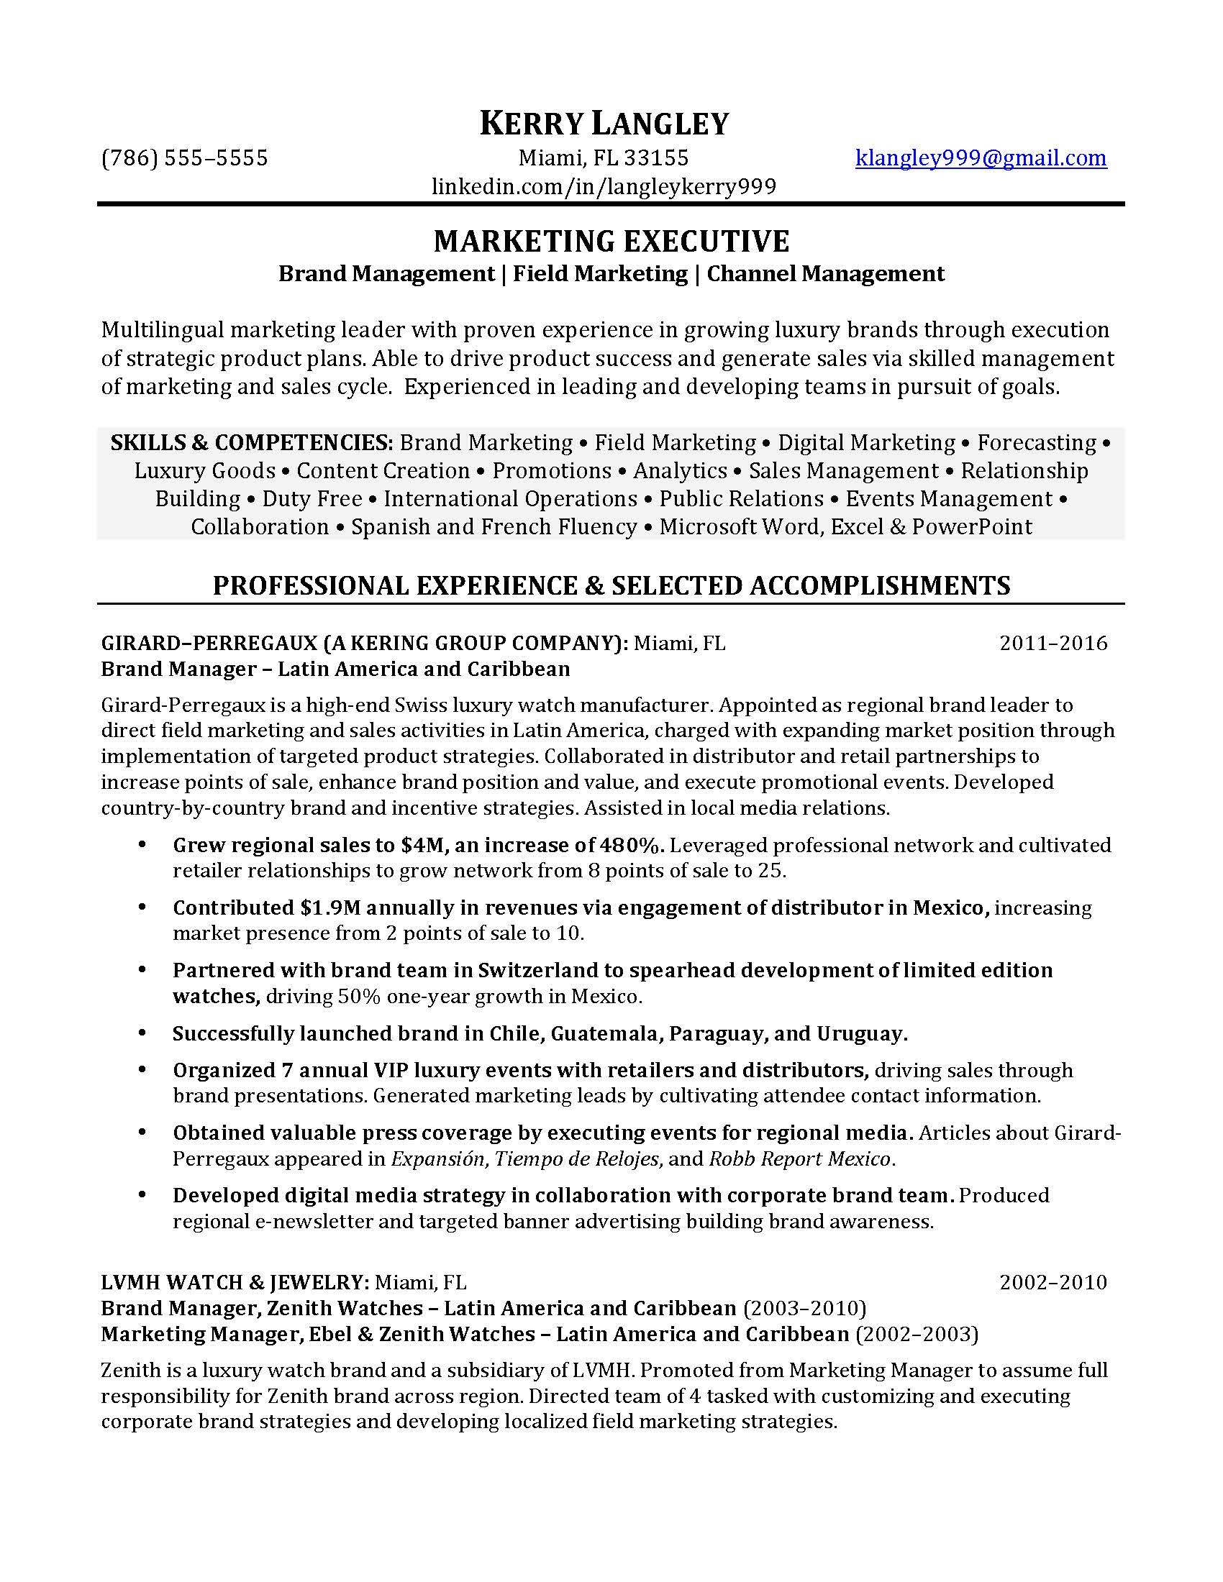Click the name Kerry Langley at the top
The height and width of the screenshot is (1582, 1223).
point(604,124)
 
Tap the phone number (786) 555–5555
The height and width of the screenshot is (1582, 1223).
point(185,158)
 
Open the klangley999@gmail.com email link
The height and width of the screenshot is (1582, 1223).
point(981,158)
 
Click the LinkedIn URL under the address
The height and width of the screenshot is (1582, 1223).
point(604,187)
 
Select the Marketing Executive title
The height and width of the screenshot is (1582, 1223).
point(611,241)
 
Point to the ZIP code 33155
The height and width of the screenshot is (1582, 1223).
point(656,158)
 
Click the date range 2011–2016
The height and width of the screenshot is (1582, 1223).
point(1052,644)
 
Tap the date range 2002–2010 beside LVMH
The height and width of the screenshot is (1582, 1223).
point(1052,1283)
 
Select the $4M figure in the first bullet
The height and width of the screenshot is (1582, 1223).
point(417,846)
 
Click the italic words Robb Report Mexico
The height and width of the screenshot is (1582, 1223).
point(799,1159)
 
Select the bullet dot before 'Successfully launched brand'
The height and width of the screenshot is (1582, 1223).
point(142,1033)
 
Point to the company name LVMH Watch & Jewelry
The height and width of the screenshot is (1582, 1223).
point(234,1283)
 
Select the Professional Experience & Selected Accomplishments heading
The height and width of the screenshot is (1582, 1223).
point(611,585)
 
